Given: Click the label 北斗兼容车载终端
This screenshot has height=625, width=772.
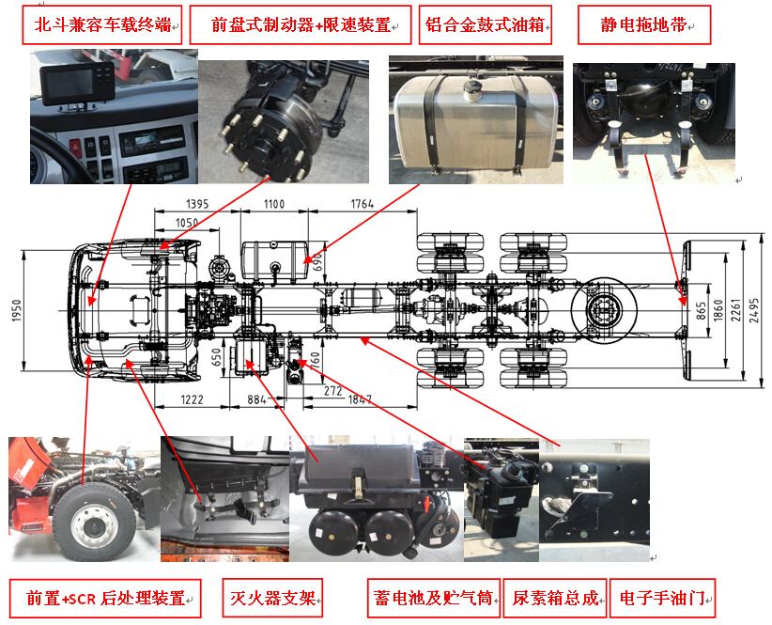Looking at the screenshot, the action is click(x=102, y=24).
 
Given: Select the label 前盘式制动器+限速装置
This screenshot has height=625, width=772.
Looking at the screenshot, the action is click(x=301, y=24).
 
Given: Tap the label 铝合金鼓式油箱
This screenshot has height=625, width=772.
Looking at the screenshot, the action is click(x=485, y=24).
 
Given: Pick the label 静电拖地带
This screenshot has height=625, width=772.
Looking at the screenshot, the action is click(x=643, y=24).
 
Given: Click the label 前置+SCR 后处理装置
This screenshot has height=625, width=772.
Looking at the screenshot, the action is click(x=105, y=598).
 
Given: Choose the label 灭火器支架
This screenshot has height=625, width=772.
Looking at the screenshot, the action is click(x=272, y=598).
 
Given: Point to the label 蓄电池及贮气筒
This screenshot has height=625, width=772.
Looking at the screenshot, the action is click(x=433, y=598).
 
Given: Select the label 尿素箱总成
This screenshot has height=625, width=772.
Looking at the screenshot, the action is click(x=555, y=598).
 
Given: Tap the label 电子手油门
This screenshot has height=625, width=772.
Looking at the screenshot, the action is click(x=662, y=598).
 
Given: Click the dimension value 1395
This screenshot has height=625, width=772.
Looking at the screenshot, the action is click(x=197, y=203).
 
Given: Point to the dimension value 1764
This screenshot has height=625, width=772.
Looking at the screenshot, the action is click(x=362, y=203).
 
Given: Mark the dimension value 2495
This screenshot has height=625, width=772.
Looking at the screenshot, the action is click(x=754, y=310).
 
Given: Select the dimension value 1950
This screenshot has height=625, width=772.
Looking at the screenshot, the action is click(x=17, y=310).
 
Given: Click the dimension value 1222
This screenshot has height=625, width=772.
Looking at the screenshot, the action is click(x=192, y=398).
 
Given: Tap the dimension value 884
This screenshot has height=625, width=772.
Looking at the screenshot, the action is click(x=256, y=398).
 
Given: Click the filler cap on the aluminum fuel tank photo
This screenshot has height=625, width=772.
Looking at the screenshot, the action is click(x=471, y=90).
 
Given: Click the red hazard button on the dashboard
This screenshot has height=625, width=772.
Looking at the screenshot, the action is click(x=75, y=147).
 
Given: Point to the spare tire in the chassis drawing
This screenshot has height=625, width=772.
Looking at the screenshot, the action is click(x=604, y=310).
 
